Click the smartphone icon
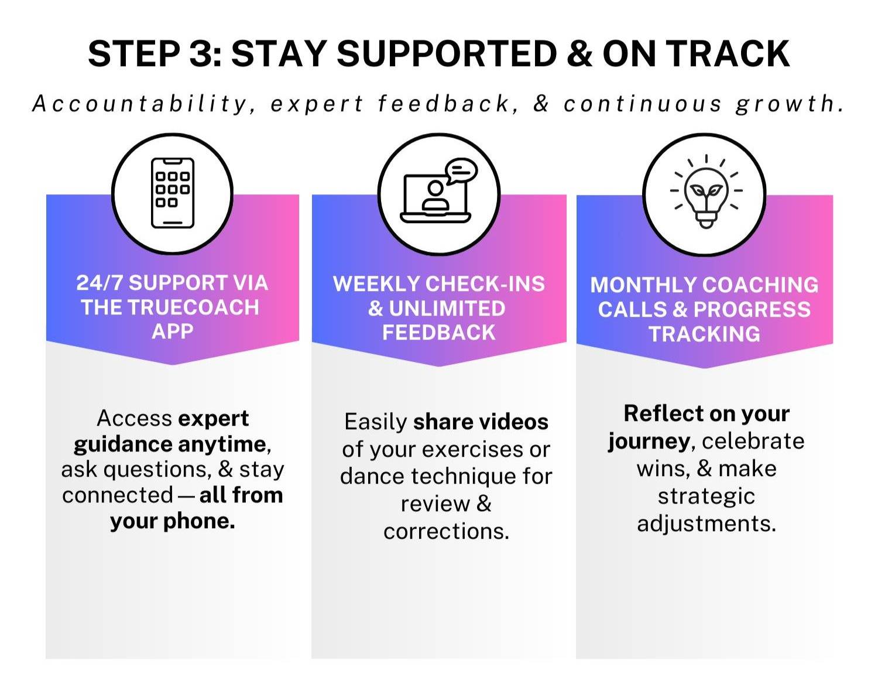[x=173, y=193]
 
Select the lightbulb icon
[x=706, y=192]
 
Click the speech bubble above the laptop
[x=461, y=170]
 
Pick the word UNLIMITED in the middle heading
[x=447, y=308]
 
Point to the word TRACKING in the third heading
[x=705, y=334]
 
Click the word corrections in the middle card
[x=447, y=531]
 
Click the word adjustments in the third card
[x=706, y=524]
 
